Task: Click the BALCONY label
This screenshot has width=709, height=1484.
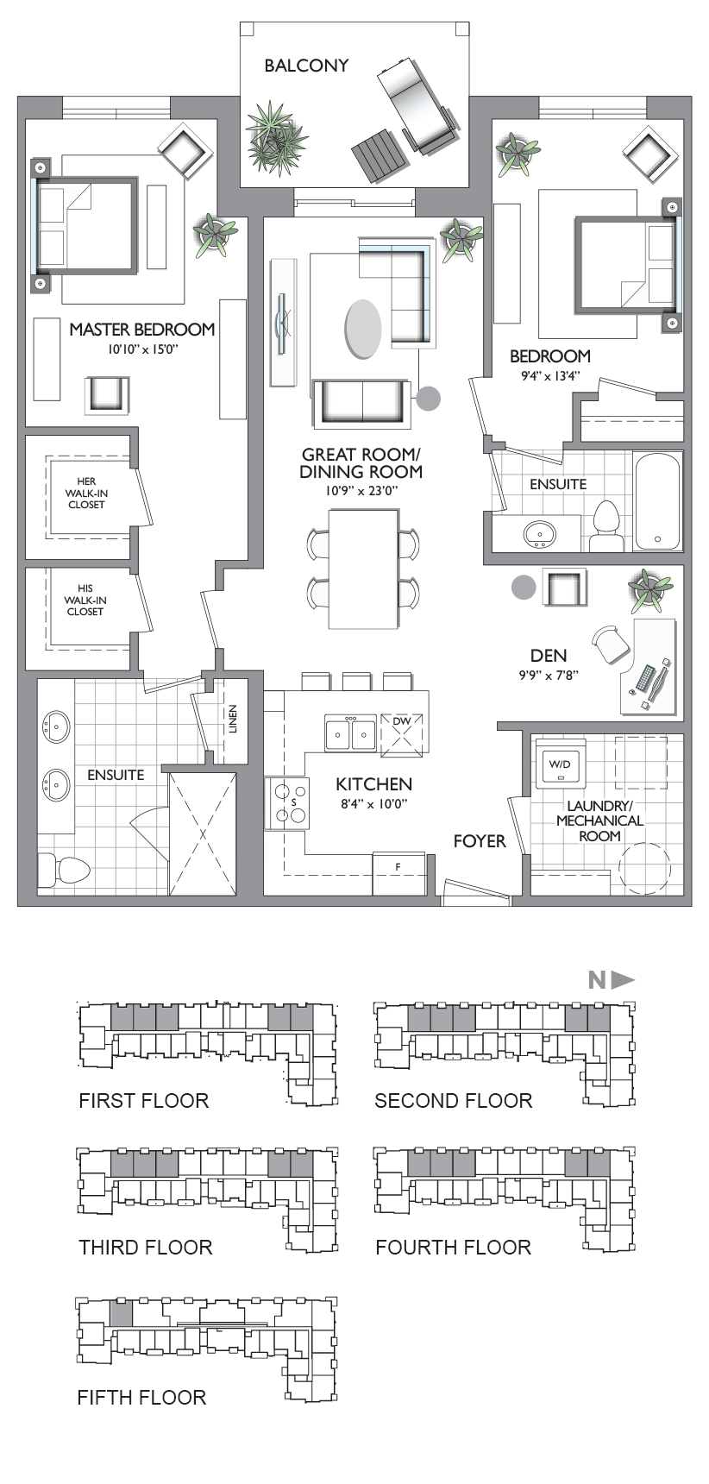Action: coord(306,66)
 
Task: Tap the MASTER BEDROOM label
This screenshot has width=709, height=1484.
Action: coord(142,329)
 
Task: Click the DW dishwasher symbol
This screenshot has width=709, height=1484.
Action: coord(402,733)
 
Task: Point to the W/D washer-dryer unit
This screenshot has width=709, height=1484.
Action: coord(560,763)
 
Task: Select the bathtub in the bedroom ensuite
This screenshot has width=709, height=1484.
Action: coord(658,500)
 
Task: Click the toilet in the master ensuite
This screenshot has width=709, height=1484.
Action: coord(63,869)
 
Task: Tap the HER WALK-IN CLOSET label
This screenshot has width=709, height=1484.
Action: coord(86,494)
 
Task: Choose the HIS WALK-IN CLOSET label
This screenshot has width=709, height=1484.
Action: coord(85,601)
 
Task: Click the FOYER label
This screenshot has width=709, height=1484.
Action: coord(480,840)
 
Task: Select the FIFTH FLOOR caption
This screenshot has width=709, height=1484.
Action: coord(141,1398)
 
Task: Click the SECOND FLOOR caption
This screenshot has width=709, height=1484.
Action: coord(454,1101)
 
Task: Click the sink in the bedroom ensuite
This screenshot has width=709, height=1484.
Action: coord(540,534)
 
